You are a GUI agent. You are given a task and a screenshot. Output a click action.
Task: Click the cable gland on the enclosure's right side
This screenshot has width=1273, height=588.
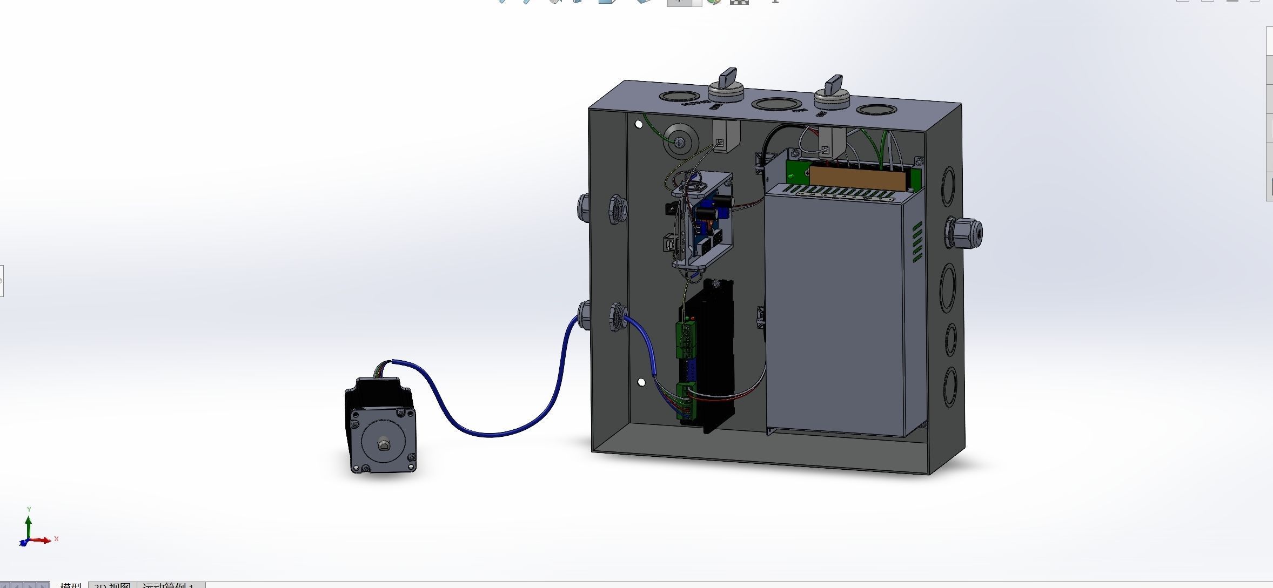point(965,233)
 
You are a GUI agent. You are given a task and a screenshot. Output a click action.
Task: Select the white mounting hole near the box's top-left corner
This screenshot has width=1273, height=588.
point(639,125)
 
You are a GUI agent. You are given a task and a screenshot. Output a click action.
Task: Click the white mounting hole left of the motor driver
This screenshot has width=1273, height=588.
point(641,382)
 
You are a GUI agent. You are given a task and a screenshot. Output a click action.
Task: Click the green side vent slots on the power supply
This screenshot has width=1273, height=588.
point(917,243)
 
